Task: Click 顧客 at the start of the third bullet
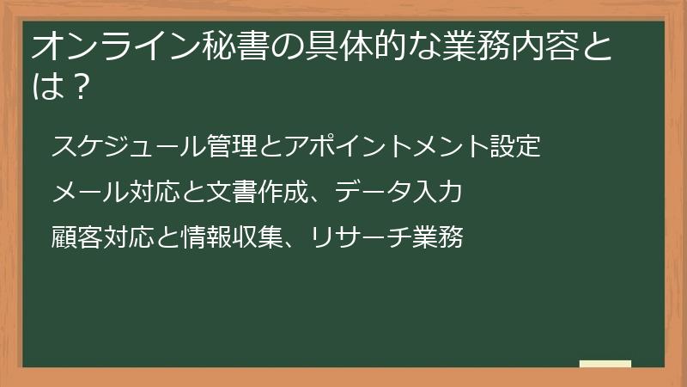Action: pyautogui.click(x=77, y=236)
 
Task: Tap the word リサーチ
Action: pyautogui.click(x=361, y=236)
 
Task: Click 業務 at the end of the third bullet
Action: pyautogui.click(x=438, y=236)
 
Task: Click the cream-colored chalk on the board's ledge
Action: pyautogui.click(x=605, y=364)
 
